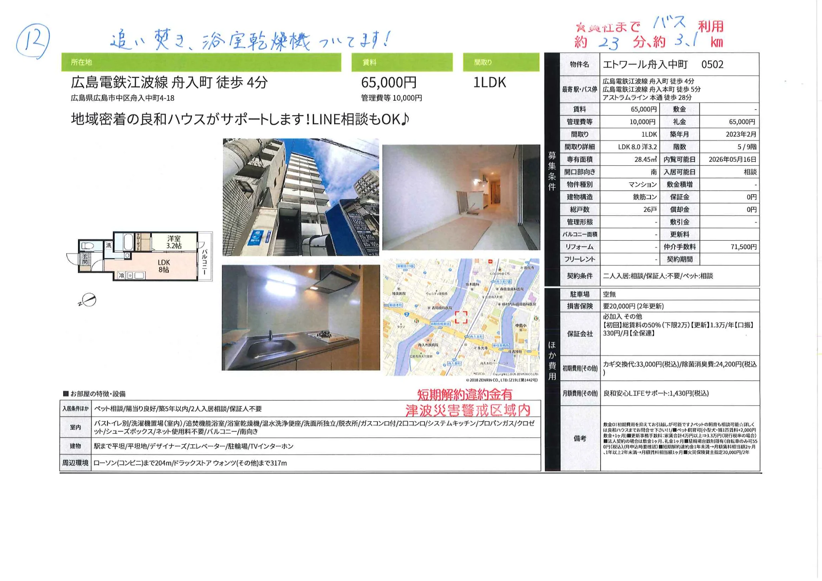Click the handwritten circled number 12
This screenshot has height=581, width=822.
33,41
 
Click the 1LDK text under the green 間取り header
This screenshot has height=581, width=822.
489,83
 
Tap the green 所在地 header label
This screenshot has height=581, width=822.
81,62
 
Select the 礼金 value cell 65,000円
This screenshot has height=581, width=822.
742,122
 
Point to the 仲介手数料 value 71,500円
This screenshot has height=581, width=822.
743,247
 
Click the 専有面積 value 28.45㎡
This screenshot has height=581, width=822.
645,159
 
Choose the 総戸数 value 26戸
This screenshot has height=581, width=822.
650,209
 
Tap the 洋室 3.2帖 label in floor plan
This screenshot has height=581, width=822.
174,242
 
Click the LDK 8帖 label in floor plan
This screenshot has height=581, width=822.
164,266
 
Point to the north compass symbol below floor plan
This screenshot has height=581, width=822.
88,300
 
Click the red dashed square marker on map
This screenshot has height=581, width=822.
461,317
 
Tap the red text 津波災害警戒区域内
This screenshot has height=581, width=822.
467,410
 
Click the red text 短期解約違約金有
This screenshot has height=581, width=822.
465,395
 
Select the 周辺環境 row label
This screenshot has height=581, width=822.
75,463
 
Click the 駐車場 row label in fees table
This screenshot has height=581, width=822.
579,294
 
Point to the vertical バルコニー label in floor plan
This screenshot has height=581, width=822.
204,262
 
